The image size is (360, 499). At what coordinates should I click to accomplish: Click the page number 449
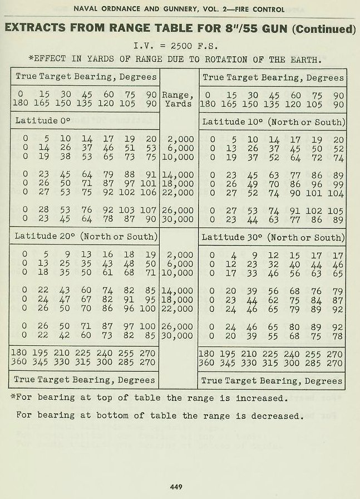177,486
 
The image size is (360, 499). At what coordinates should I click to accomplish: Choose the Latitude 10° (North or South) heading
273,121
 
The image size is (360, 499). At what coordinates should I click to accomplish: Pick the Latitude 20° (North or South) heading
86,236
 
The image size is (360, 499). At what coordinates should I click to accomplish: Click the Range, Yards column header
177,99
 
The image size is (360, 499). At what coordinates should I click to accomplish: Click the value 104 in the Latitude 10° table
336,193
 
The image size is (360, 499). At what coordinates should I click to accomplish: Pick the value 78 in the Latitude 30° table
337,335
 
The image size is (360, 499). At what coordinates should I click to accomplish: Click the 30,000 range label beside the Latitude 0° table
178,218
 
